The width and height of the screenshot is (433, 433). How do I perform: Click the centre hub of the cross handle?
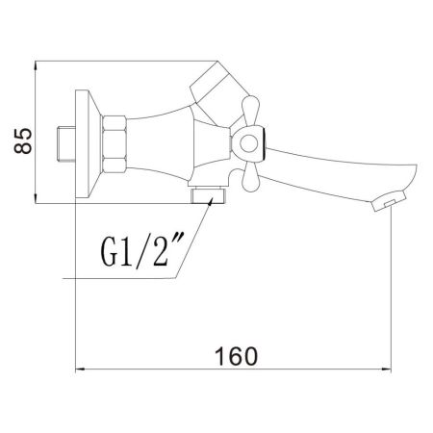(x=249, y=144)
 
